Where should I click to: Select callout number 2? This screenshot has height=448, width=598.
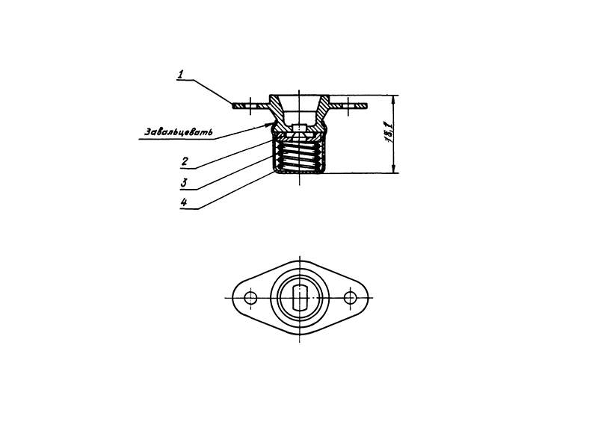[x=185, y=161]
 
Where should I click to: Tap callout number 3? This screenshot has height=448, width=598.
[x=184, y=183]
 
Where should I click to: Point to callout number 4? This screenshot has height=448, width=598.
[x=184, y=202]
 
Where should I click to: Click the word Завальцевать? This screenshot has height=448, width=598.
[x=179, y=132]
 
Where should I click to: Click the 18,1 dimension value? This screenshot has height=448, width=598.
[x=387, y=132]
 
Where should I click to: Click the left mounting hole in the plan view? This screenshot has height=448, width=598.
[x=250, y=298]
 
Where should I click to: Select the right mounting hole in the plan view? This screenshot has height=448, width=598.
[x=350, y=298]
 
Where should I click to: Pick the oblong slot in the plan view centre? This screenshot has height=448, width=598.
[x=300, y=298]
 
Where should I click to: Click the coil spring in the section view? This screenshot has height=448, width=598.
[x=300, y=157]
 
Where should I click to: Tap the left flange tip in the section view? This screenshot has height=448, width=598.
[x=233, y=105]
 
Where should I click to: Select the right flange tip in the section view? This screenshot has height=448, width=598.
[x=366, y=105]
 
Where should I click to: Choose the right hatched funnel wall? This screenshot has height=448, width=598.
[x=321, y=111]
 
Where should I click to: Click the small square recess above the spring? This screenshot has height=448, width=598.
[x=300, y=128]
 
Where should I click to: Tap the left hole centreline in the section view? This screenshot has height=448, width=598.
[x=250, y=105]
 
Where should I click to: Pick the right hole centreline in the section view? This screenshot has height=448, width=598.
[x=348, y=105]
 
